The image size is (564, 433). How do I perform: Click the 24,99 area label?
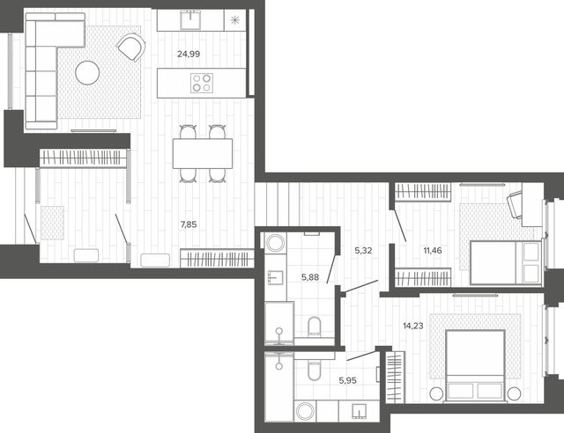[x=189, y=55]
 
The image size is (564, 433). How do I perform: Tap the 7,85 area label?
[x=189, y=225]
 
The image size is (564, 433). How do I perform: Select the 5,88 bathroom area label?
[x=310, y=277]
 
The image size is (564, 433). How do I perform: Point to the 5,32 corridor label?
[x=363, y=251]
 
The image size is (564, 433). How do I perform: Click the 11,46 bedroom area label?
[x=433, y=251]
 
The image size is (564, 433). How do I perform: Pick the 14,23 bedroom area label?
[x=413, y=326]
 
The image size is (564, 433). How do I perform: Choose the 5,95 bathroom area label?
[x=347, y=380]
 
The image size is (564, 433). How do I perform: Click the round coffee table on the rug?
[x=87, y=72]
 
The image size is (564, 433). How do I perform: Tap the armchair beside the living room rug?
[x=131, y=47]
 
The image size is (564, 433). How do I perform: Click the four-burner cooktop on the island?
[x=202, y=83]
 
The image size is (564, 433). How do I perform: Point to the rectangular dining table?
[x=203, y=153]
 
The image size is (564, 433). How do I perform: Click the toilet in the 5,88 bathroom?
[x=315, y=326]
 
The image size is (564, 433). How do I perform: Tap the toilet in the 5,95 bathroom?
[x=314, y=371]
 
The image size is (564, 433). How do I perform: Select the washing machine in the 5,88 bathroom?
[x=276, y=242]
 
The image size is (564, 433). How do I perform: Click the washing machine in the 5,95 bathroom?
[x=305, y=411]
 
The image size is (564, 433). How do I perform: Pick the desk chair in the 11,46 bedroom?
[x=515, y=204]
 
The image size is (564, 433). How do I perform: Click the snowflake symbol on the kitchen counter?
[x=235, y=20]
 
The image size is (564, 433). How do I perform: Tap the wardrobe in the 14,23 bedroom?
[x=396, y=377]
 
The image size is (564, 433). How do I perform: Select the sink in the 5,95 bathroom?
[x=359, y=411]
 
